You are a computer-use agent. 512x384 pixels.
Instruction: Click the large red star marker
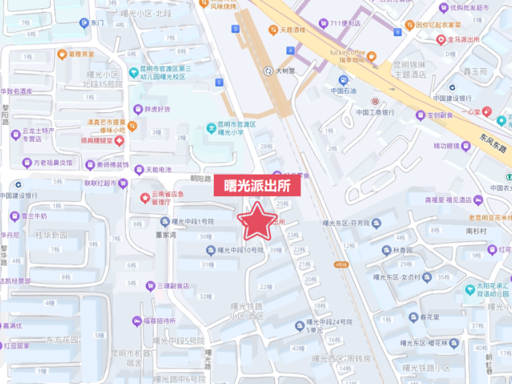pyautogui.click(x=257, y=221)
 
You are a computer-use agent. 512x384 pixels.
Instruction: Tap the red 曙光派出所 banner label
pyautogui.click(x=257, y=186)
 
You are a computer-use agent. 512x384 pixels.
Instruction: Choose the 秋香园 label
pyautogui.click(x=401, y=251)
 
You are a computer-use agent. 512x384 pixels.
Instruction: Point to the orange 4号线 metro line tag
pyautogui.click(x=341, y=264)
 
